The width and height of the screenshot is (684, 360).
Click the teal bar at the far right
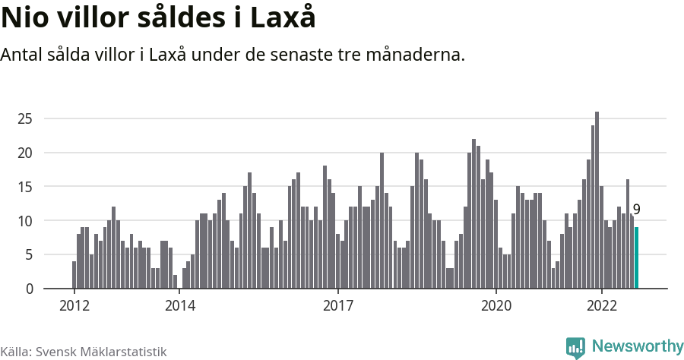637,258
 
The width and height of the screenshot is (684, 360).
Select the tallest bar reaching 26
597,201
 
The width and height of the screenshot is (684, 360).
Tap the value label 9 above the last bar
637,210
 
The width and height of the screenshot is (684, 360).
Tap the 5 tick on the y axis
28,255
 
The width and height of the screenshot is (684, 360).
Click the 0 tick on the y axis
28,289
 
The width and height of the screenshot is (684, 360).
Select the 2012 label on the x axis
74,306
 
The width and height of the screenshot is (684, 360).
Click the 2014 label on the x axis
179,306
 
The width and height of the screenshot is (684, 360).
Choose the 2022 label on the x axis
601,306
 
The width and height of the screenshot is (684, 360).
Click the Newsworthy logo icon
575,347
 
